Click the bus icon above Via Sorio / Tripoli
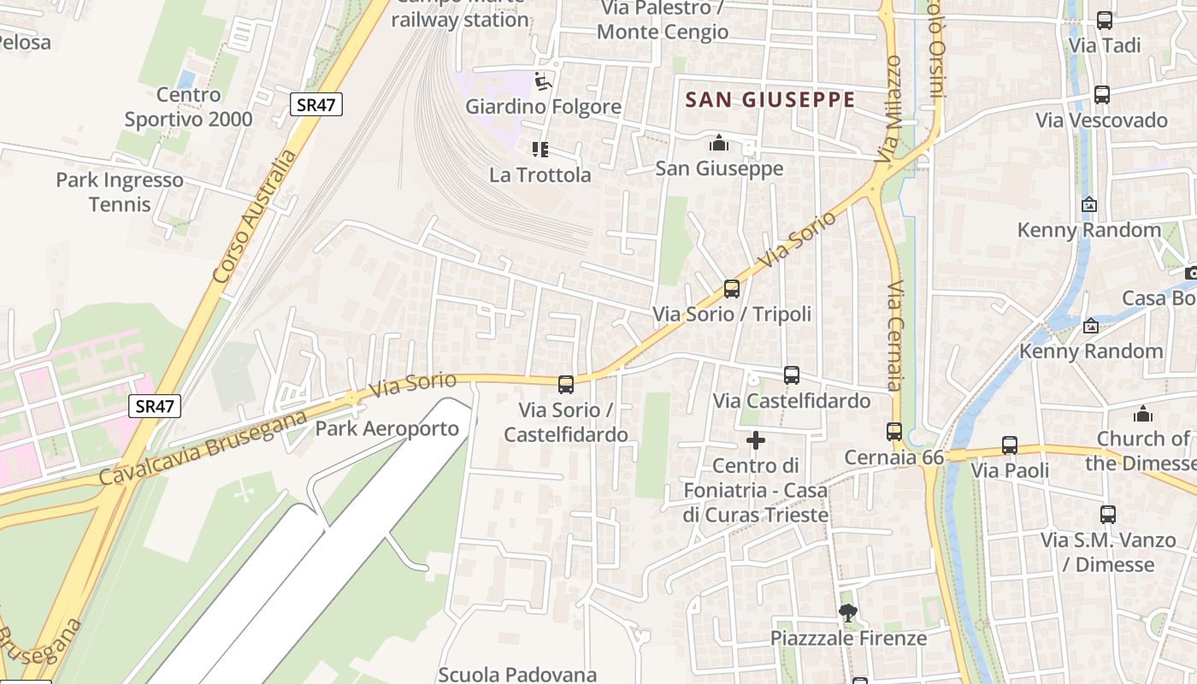click(x=731, y=289)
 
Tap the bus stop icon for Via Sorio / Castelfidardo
click(x=565, y=385)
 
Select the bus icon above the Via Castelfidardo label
click(x=792, y=374)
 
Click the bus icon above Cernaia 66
click(x=894, y=432)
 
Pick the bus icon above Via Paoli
click(x=1010, y=445)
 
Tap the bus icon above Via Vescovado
click(x=1102, y=95)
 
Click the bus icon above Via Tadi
click(x=1105, y=21)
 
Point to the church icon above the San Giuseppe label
click(x=719, y=142)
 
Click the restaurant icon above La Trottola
click(x=540, y=150)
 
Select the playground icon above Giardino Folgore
click(x=543, y=81)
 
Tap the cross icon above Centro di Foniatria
click(x=756, y=440)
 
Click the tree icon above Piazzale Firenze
click(x=848, y=612)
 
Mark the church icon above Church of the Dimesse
click(x=1143, y=415)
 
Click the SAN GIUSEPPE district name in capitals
click(x=770, y=100)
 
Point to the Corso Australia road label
click(x=254, y=217)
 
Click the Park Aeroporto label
click(x=387, y=428)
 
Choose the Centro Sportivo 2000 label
click(x=189, y=107)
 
